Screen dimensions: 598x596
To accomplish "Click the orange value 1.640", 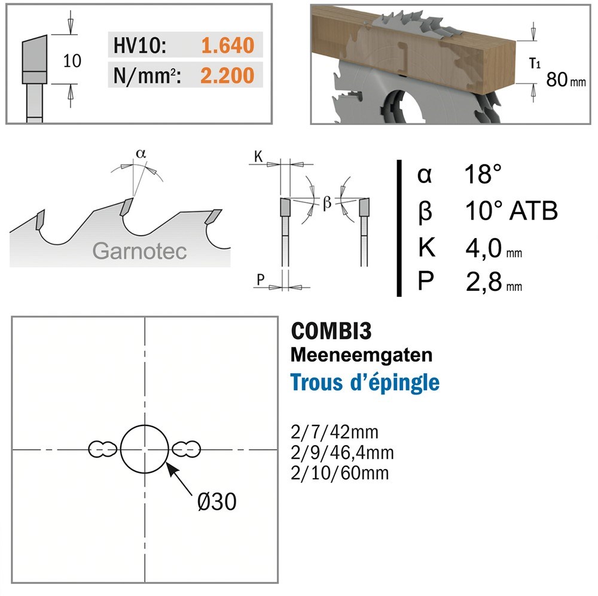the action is click(227, 45).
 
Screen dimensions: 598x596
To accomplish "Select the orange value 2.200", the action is click(227, 75).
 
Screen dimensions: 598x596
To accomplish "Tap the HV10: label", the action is click(140, 45).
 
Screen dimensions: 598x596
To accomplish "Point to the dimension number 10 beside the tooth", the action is click(72, 61).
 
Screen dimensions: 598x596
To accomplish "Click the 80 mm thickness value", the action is click(566, 80).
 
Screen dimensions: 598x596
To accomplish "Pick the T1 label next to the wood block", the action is click(535, 63).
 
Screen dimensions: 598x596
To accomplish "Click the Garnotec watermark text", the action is click(139, 251).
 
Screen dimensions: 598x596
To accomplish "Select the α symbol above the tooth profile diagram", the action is click(141, 153).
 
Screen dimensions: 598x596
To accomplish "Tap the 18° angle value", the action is click(483, 174).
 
